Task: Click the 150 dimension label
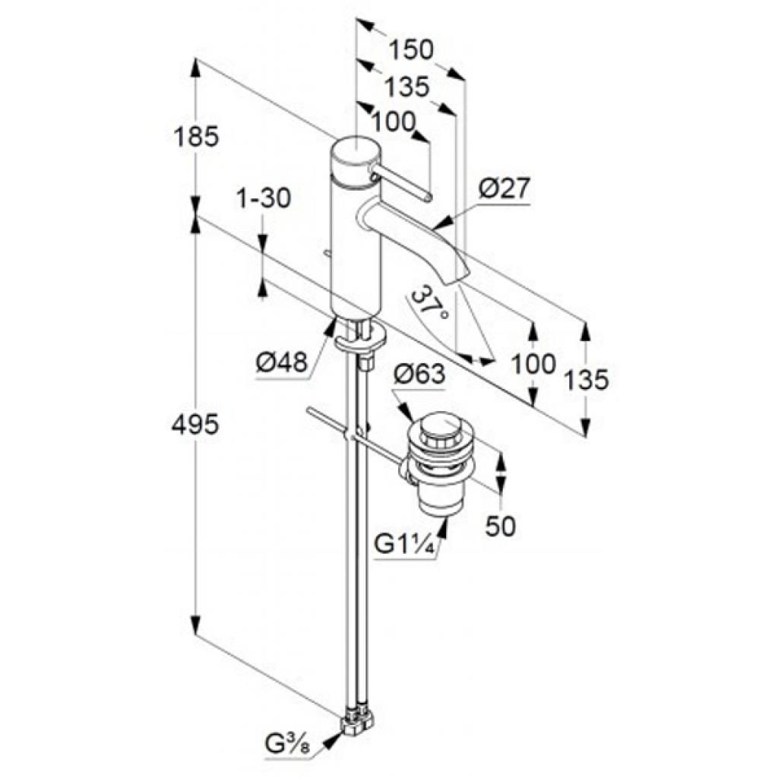[x=411, y=49]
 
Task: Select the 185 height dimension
[x=195, y=137]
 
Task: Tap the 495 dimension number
[x=195, y=425]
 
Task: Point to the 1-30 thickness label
[x=264, y=199]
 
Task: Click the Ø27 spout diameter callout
[x=504, y=188]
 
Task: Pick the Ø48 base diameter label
[x=282, y=364]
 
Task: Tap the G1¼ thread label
[x=405, y=546]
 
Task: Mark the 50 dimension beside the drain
[x=500, y=527]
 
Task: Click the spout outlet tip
[x=457, y=278]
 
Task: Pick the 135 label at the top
[x=406, y=87]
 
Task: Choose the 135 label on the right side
[x=587, y=380]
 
